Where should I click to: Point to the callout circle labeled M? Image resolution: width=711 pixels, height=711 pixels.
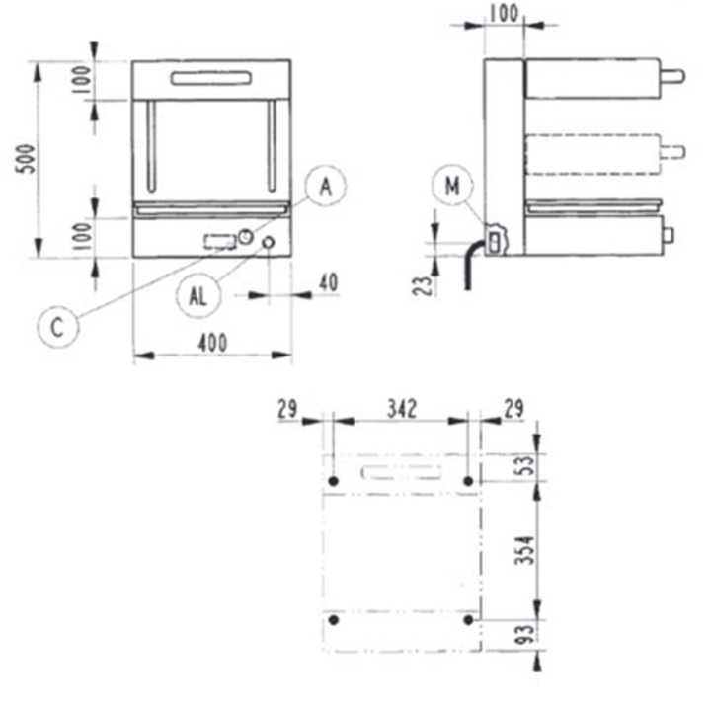(x=453, y=186)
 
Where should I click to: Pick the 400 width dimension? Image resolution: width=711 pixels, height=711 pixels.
(x=211, y=342)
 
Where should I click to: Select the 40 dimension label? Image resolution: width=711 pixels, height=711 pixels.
(x=328, y=282)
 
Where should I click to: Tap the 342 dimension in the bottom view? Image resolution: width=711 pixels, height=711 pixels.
(x=401, y=406)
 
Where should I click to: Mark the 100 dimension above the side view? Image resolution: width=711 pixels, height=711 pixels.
(x=505, y=12)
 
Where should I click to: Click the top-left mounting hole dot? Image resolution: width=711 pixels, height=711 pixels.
(x=333, y=481)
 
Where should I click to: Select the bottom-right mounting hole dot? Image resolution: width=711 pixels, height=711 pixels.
(x=468, y=620)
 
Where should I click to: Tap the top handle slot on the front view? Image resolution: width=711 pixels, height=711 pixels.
(x=211, y=78)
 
